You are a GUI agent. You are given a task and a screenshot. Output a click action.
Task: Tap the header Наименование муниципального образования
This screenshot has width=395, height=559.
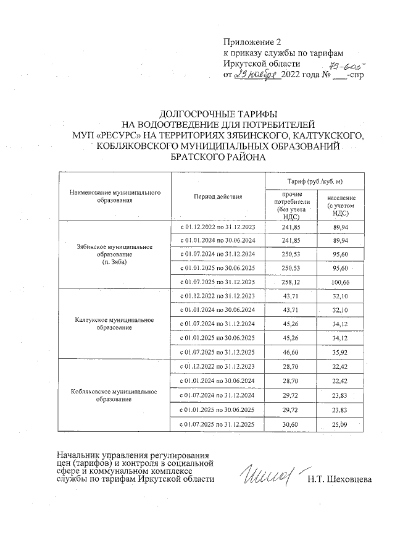(115, 196)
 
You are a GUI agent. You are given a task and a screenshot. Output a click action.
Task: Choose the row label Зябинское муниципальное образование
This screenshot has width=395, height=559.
(115, 254)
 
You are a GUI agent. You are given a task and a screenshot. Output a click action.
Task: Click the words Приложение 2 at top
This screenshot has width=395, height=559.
(252, 43)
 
